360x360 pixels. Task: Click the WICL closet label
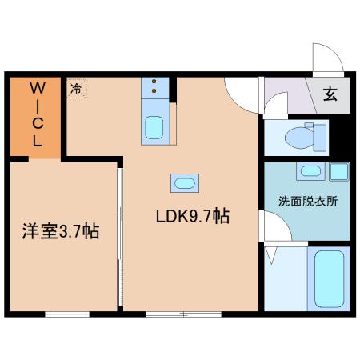coord(38,114)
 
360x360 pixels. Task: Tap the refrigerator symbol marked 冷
coord(77,88)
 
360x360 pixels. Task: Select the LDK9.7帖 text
coord(193,216)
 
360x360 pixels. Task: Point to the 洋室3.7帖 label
coord(61,231)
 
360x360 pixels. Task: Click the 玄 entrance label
coord(330,94)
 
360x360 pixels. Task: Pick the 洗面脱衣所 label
coord(308,201)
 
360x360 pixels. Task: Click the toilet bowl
coord(298,138)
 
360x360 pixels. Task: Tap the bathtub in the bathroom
coord(329,278)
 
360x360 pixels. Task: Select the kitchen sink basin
coord(154,127)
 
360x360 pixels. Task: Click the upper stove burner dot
coord(154,82)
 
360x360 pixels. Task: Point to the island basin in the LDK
coord(185,183)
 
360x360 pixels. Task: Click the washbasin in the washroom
coord(310,171)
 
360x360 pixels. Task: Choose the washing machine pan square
coord(339,172)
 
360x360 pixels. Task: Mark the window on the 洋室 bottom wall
coord(67,314)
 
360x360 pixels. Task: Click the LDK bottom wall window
coord(184,314)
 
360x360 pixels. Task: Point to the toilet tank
coord(320,138)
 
